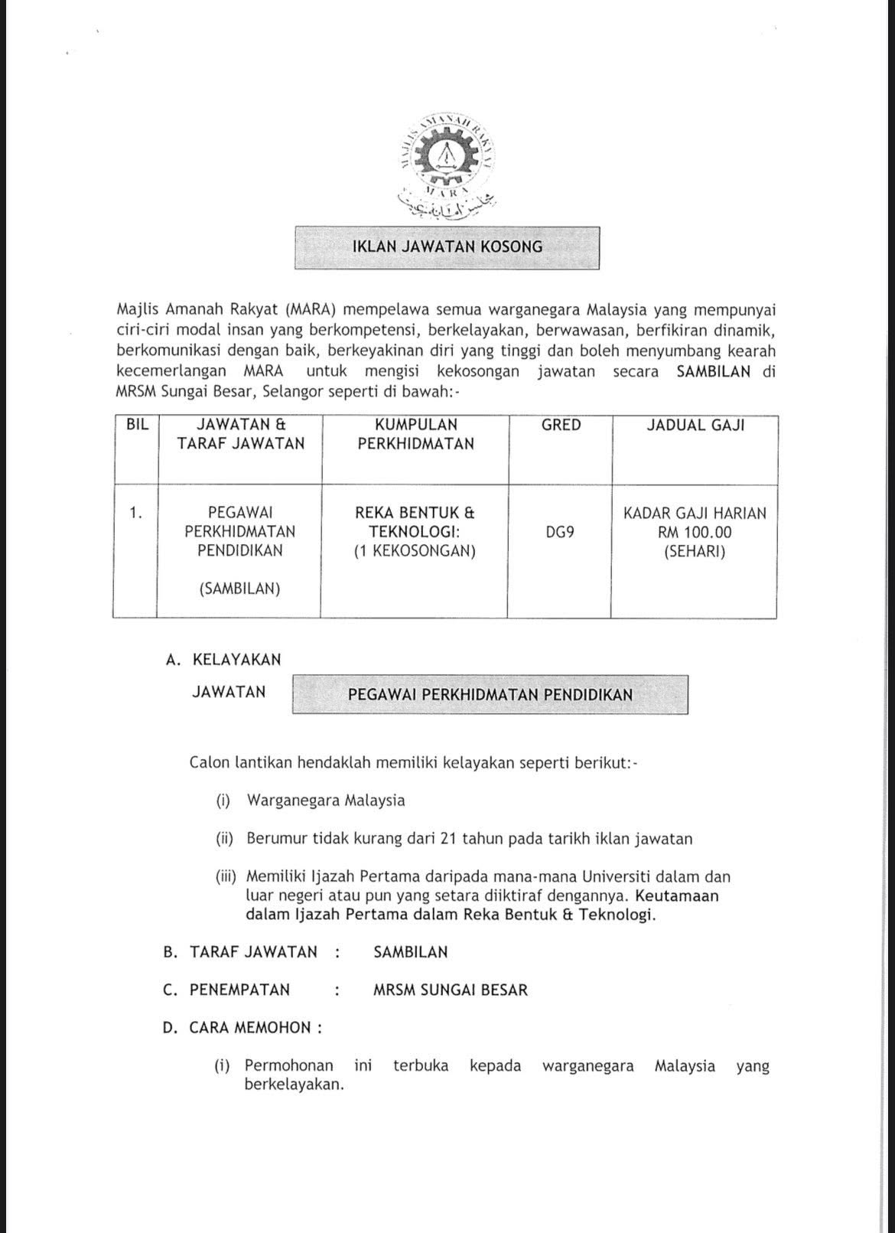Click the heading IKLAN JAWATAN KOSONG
[447, 247]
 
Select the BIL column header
[137, 425]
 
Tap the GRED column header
[561, 425]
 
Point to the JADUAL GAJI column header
[695, 425]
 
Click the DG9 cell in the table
[560, 532]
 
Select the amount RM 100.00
[695, 532]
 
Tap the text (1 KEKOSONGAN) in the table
[415, 551]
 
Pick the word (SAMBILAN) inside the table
[239, 589]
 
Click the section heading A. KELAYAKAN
[223, 659]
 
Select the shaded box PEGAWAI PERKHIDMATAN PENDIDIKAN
[490, 695]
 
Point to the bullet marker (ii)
[224, 839]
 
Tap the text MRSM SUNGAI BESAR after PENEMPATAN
[451, 990]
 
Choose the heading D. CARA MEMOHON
[242, 1028]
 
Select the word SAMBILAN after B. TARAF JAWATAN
[411, 952]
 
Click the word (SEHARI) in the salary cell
[695, 551]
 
